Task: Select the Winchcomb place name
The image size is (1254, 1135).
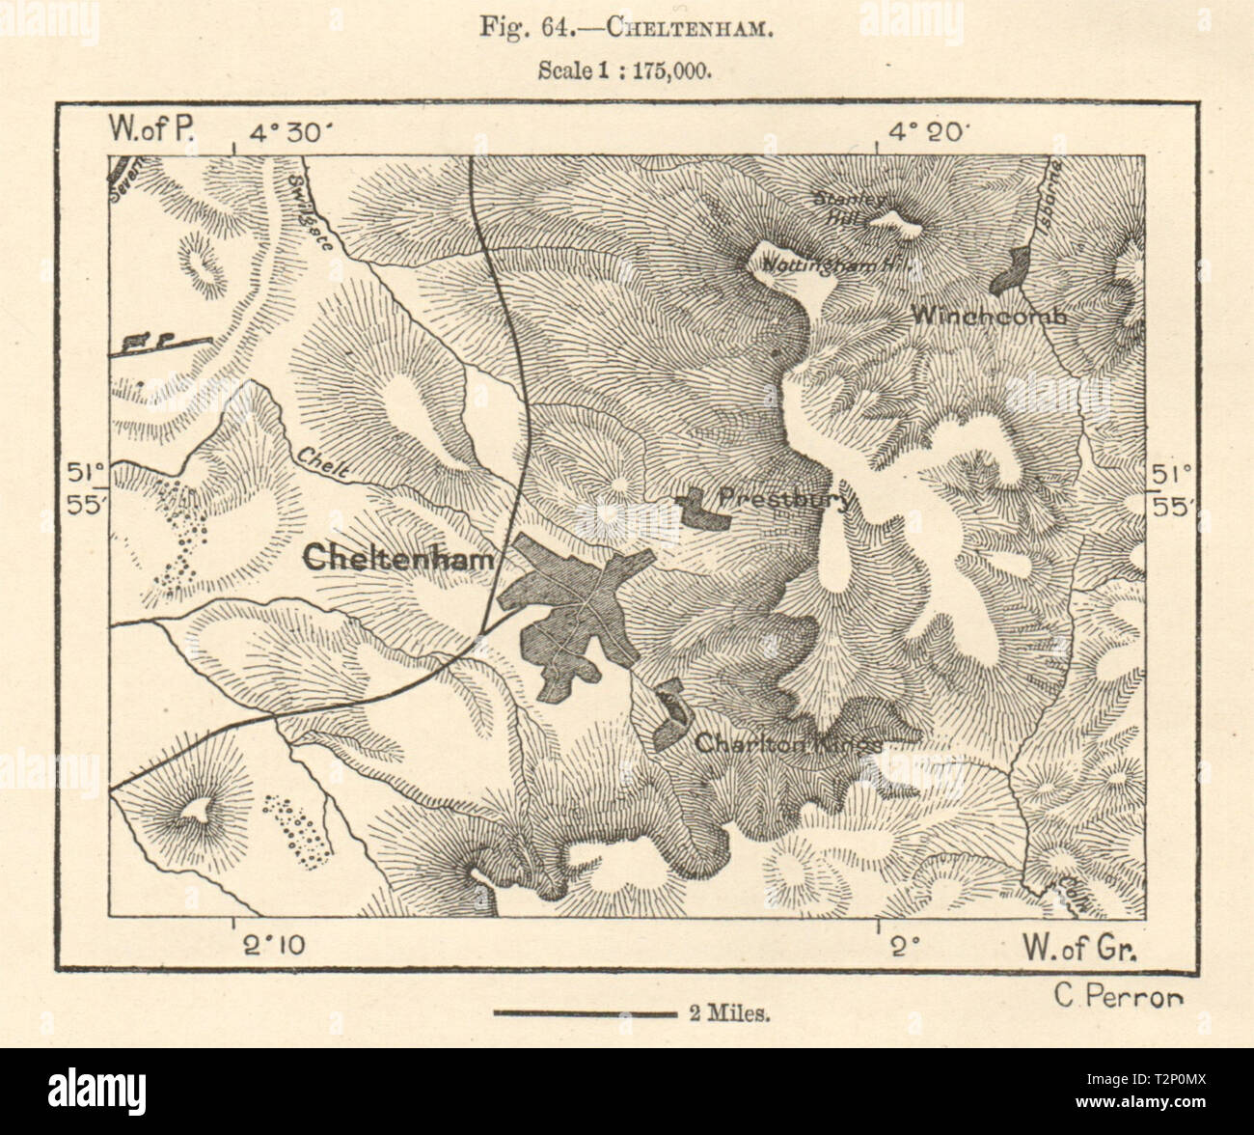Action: [989, 315]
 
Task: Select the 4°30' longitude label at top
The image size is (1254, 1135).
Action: [288, 133]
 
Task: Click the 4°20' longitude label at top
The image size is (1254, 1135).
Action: [932, 133]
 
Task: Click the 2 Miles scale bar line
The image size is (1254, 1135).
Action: [584, 1013]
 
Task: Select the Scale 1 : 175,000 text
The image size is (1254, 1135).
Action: [626, 73]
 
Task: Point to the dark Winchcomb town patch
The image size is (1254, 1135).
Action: [1011, 270]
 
